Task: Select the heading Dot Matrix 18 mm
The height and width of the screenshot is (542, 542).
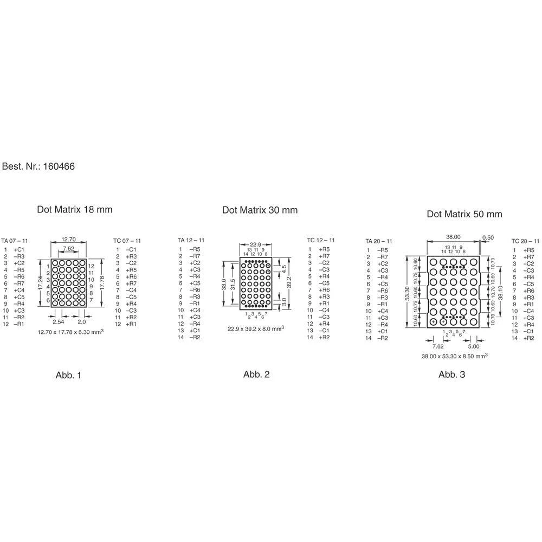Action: click(x=75, y=209)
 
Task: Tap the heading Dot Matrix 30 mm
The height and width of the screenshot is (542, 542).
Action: click(x=260, y=210)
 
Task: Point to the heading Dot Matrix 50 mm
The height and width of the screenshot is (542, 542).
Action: click(x=464, y=214)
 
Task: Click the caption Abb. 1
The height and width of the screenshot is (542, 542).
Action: click(x=68, y=375)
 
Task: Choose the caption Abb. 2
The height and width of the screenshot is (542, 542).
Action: click(x=256, y=374)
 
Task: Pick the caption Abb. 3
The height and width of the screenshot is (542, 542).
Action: click(x=451, y=374)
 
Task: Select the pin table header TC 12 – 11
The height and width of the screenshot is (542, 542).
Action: click(x=321, y=240)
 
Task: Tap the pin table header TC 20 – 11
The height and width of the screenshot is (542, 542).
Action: click(x=526, y=241)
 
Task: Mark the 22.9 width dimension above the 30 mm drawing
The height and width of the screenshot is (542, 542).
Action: click(x=255, y=244)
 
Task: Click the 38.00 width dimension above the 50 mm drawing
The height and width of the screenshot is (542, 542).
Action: click(x=453, y=237)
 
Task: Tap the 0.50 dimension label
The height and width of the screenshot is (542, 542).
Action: click(x=488, y=237)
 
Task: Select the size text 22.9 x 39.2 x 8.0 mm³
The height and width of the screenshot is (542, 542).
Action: click(x=255, y=328)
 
